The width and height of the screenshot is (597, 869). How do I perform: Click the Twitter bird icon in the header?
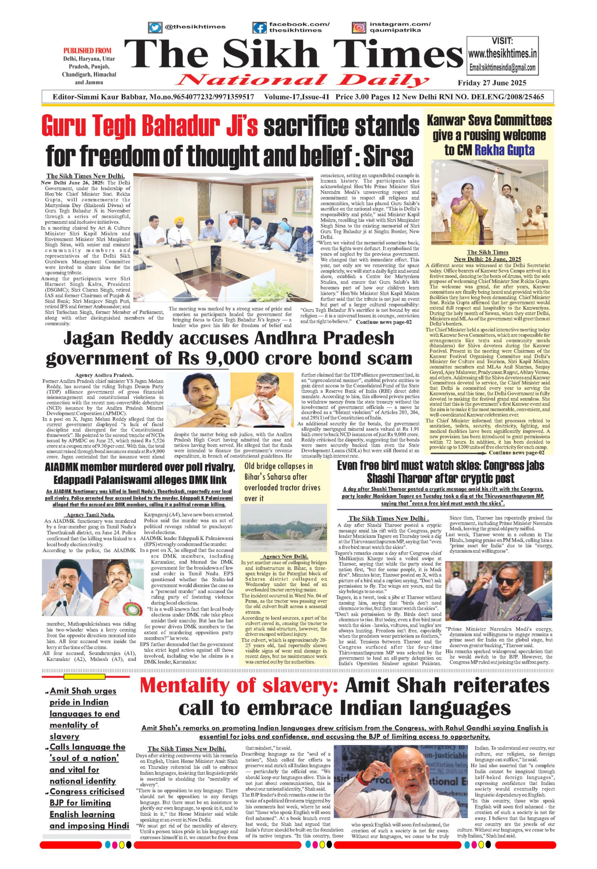pos(154,27)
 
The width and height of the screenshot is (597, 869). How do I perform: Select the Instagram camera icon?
pos(359,28)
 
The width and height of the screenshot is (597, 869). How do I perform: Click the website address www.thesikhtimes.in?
pos(502,54)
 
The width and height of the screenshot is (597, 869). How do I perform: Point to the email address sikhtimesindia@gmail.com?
pos(502,68)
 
